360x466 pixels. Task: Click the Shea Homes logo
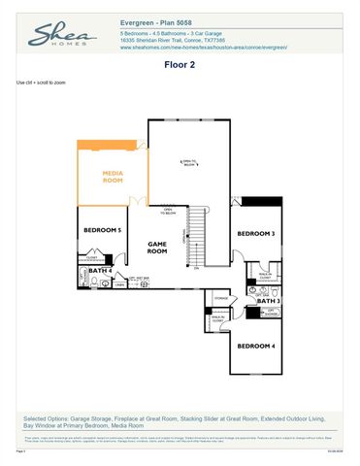click(61, 36)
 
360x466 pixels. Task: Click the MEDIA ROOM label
click(114, 177)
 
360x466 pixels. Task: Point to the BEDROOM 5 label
click(101, 230)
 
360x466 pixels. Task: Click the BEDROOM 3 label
click(256, 234)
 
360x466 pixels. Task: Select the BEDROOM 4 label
click(256, 346)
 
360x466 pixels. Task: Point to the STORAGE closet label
click(221, 298)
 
